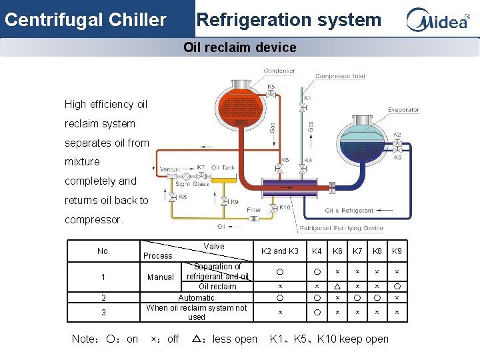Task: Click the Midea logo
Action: point(438,20)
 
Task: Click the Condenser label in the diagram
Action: point(279,71)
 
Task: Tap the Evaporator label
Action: point(403,110)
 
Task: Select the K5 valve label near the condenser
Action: point(271,87)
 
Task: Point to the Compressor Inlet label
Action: point(340,76)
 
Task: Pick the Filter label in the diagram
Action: point(254,209)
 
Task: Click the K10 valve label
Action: point(285,207)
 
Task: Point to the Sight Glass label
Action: point(192,184)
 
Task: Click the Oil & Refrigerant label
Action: point(349,211)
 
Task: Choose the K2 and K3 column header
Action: point(279,251)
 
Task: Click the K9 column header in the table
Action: point(397,251)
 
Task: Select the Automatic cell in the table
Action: point(196,298)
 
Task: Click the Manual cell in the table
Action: point(160,277)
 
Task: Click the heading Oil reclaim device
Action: point(240,47)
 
